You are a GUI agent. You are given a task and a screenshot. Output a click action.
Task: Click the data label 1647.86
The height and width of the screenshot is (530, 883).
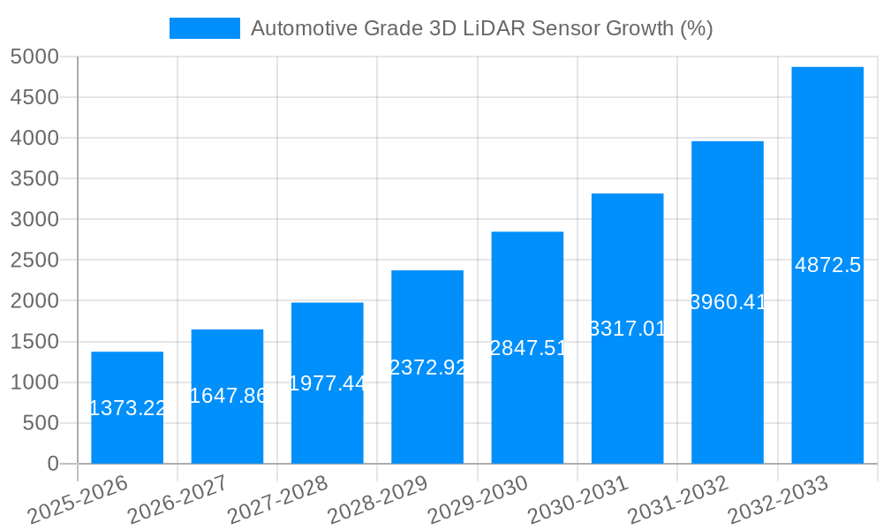click(x=228, y=396)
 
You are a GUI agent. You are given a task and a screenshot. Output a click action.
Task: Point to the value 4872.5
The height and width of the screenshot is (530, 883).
click(x=827, y=265)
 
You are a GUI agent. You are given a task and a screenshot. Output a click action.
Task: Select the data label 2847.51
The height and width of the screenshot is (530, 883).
click(x=527, y=348)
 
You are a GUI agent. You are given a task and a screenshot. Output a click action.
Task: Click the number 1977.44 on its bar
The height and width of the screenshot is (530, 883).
click(x=328, y=383)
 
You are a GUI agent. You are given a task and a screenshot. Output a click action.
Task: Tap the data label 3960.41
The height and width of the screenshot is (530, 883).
click(x=728, y=303)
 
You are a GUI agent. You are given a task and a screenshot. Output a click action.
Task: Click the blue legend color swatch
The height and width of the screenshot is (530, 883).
click(x=204, y=28)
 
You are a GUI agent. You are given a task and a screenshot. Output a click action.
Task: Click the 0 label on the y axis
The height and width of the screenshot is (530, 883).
click(x=53, y=464)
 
